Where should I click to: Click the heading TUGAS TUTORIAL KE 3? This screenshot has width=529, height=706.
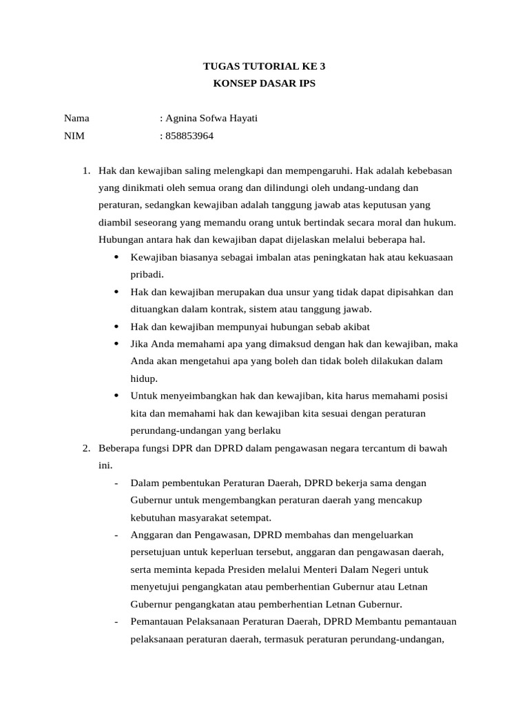pos(264,67)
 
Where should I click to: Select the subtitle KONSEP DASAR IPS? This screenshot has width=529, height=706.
pos(264,84)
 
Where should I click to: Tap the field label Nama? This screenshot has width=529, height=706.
pos(76,119)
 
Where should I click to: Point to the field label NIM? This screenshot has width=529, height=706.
pos(74,136)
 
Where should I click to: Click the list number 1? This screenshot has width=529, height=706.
pos(85,170)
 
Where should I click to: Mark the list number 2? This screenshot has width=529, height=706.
pos(85,448)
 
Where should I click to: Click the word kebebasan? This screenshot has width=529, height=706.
pos(428,170)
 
